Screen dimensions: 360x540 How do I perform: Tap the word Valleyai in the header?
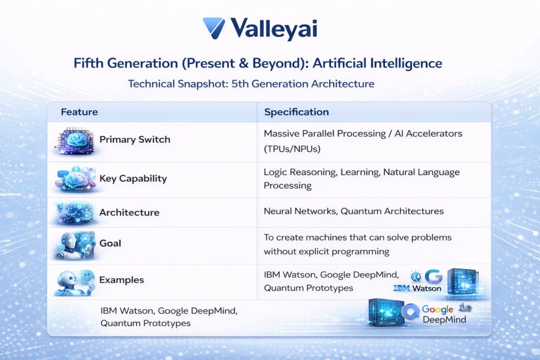point(274,29)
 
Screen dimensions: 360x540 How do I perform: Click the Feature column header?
point(79,112)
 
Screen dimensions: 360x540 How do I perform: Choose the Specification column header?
point(296,112)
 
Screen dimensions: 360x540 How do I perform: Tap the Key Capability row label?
point(133,179)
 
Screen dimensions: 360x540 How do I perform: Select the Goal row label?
point(110,244)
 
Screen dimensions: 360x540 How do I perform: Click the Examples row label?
point(122,280)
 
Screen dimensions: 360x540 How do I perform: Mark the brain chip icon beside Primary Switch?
point(75,140)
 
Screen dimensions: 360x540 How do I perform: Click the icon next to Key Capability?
point(75,178)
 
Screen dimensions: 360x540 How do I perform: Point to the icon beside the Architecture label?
point(75,212)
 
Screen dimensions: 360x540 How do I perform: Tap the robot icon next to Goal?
point(75,245)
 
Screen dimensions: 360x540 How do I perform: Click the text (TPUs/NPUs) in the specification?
point(292,149)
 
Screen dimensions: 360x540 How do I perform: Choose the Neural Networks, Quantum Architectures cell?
point(353,211)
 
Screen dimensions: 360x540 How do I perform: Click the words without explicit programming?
point(326,251)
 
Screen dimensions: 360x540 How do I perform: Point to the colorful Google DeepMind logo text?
point(437,315)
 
